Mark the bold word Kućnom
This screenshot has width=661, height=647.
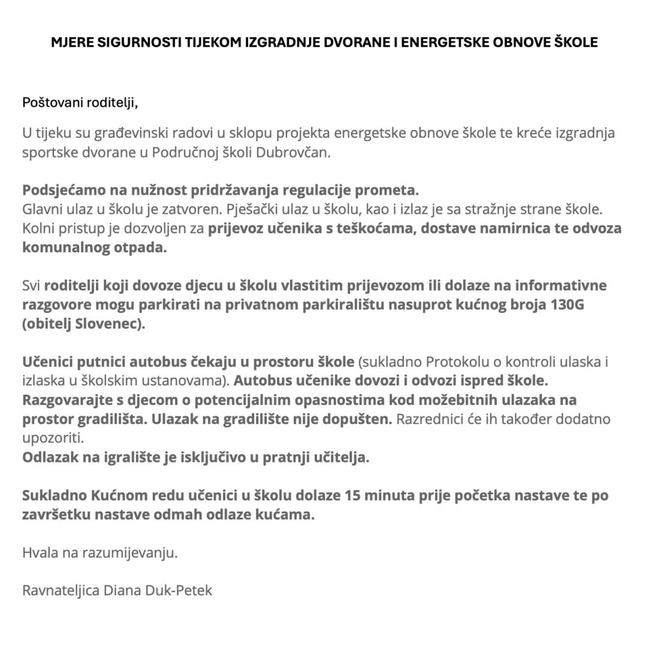[117, 495]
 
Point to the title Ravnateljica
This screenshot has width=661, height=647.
[61, 590]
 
